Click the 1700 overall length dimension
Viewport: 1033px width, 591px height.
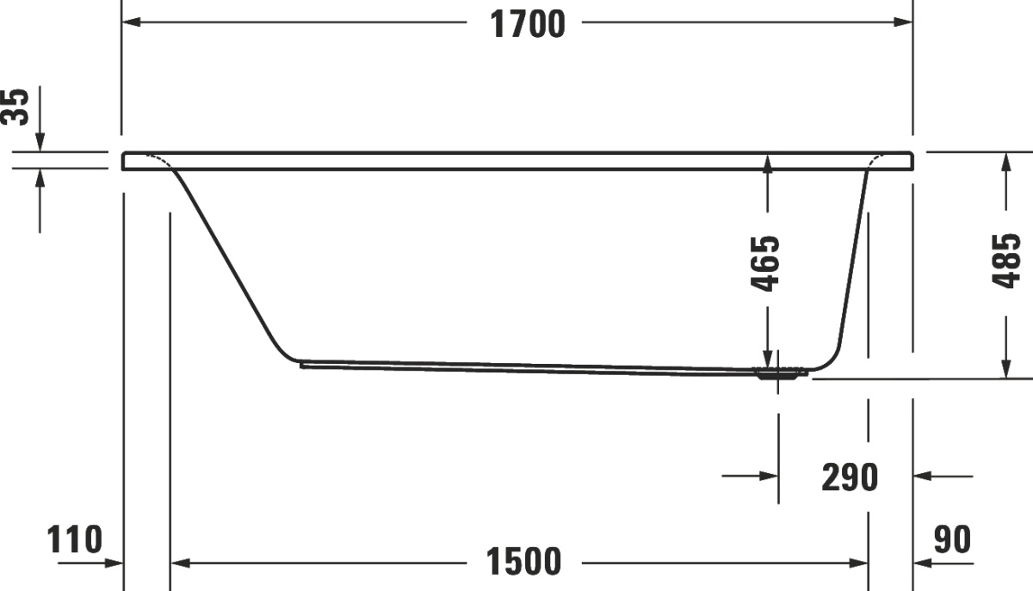(527, 24)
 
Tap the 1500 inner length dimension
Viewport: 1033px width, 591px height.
(524, 562)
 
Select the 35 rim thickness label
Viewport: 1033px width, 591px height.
(15, 107)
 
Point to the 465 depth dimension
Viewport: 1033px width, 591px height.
(765, 264)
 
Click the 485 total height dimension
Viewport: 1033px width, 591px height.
(1005, 262)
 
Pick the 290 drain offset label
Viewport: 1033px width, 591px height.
(850, 477)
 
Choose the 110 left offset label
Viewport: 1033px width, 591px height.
(74, 539)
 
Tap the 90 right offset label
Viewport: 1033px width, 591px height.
(952, 539)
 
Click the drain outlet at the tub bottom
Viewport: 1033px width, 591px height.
(778, 373)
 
